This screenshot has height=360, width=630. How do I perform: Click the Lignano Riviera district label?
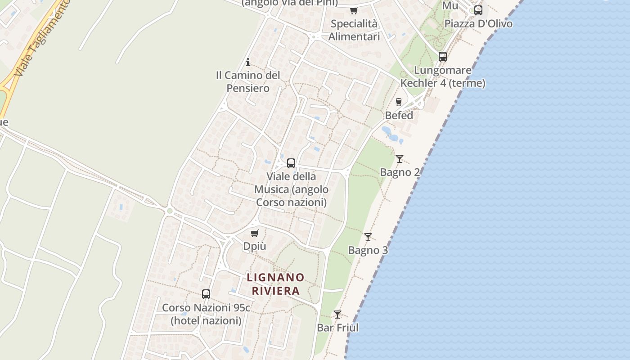coord(276,284)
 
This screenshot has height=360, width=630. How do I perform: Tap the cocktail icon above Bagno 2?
coord(399,158)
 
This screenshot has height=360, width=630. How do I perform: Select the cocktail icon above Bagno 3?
coord(368,237)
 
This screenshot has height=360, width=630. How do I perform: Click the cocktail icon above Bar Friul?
coord(337,314)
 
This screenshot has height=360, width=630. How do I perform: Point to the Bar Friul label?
coord(338,328)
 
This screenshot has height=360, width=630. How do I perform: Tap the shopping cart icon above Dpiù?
coord(255,233)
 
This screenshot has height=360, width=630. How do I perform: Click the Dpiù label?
coord(255,247)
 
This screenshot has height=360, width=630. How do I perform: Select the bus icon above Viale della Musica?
coord(291,163)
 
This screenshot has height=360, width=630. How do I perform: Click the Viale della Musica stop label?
coord(292,189)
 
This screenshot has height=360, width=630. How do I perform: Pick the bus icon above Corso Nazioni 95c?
coord(206,294)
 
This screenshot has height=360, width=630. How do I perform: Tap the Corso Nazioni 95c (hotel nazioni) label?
coord(206,314)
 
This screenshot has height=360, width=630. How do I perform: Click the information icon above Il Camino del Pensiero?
coord(248,62)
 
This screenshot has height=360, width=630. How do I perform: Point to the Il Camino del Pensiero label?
coord(248,81)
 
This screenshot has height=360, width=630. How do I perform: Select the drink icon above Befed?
coord(398,102)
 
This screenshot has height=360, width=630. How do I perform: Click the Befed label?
coord(399,116)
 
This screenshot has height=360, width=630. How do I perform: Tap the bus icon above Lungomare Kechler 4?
coord(443,57)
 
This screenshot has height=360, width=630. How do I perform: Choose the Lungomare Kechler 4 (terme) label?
coord(443,76)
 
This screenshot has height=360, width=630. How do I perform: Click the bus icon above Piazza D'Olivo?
coord(478,10)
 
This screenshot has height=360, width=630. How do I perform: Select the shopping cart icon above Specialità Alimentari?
coord(354,10)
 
